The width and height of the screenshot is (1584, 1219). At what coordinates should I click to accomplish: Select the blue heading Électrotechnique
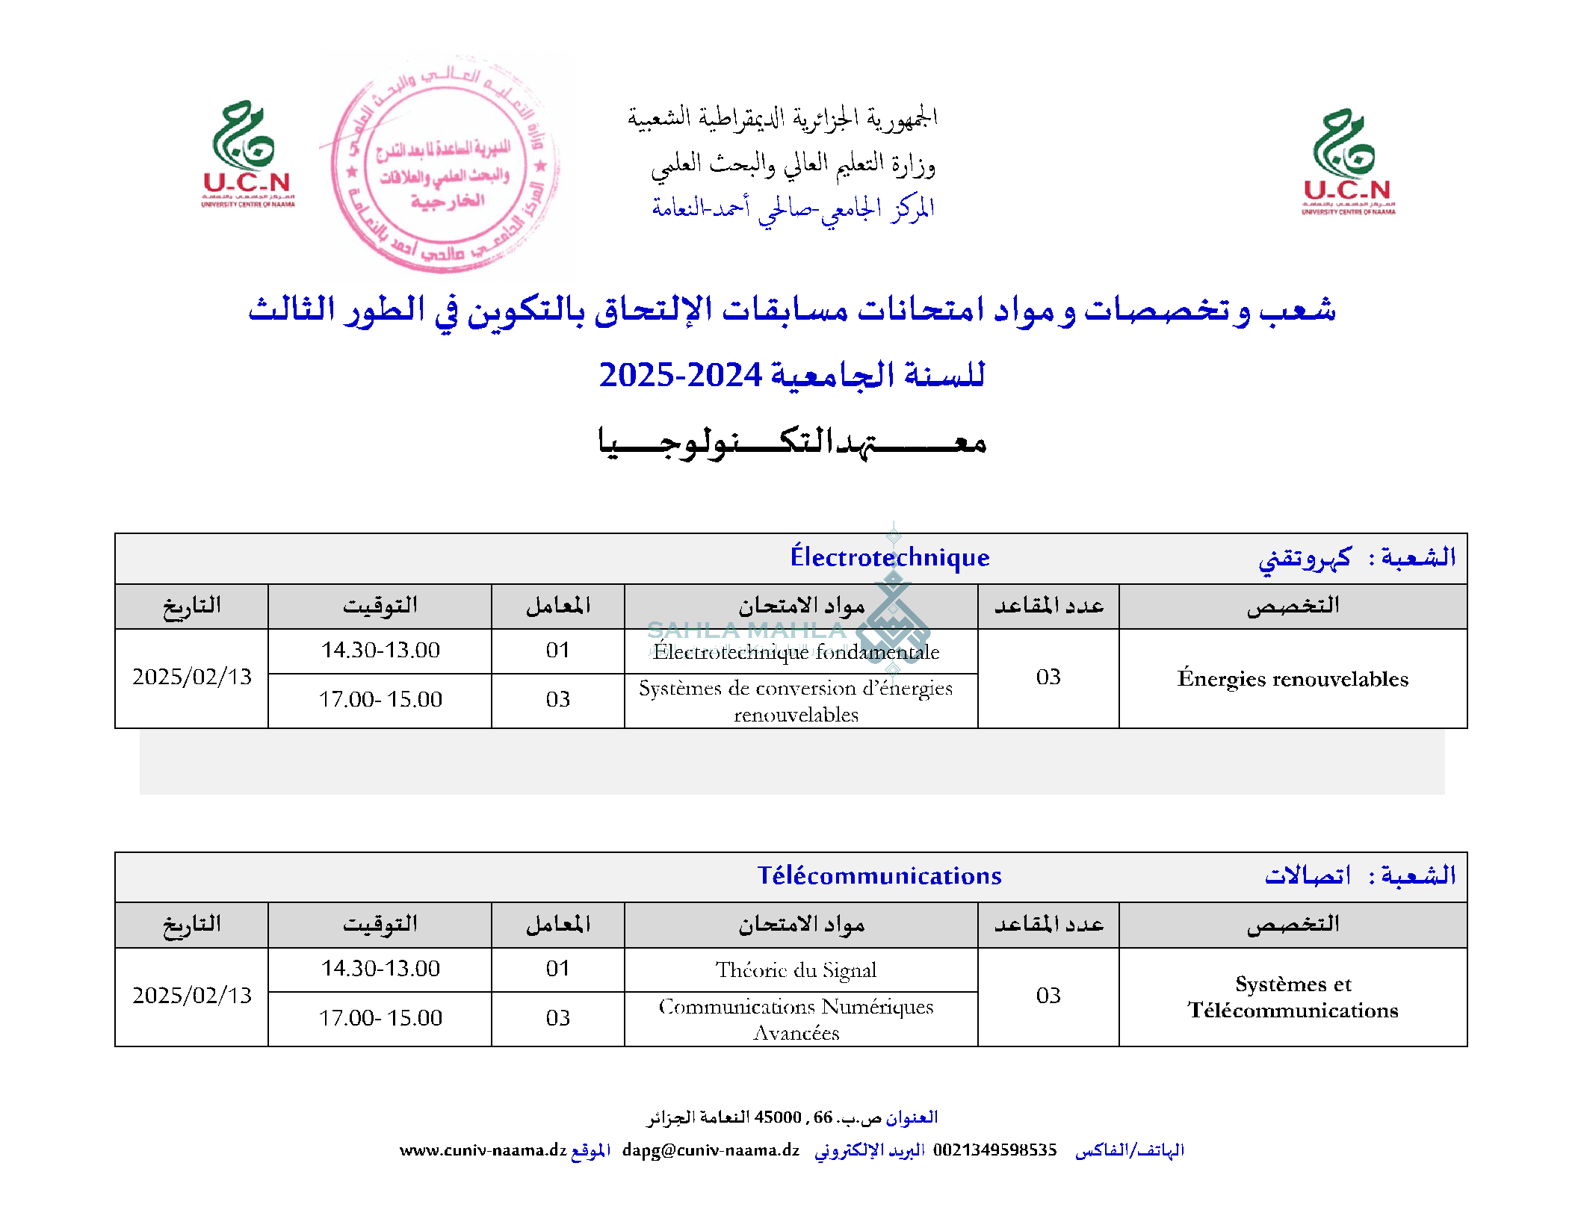pos(889,557)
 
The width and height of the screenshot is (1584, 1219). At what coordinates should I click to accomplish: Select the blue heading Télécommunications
pos(879,875)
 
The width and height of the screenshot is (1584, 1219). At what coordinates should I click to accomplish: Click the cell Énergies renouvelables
pos(1293,678)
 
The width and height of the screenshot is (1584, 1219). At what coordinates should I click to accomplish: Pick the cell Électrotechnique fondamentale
pos(796,651)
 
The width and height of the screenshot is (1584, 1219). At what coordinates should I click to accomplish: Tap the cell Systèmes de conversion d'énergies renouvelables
pos(796,701)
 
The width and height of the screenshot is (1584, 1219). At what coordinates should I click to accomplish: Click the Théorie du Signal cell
pos(796,970)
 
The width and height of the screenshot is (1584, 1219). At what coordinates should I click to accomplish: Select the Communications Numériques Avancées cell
pos(796,1019)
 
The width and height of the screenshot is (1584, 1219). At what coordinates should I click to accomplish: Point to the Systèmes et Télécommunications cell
pos(1293,996)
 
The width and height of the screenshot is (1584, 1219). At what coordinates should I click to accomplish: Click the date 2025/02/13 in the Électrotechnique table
pos(192,677)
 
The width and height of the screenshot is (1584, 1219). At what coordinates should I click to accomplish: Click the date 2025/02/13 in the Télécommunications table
pos(192,995)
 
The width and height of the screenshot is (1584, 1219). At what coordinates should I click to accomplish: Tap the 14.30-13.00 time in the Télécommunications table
pos(380,969)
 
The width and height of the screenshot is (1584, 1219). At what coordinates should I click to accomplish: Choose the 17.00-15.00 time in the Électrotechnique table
pos(380,699)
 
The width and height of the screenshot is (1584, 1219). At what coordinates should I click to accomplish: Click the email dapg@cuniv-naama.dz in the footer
pos(711,1150)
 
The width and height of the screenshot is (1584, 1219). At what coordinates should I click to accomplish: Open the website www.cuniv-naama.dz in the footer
pos(483,1150)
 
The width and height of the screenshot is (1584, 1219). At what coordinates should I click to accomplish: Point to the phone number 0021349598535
pos(994,1150)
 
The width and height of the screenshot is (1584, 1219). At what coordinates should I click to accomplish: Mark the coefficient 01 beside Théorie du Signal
pos(557,969)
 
